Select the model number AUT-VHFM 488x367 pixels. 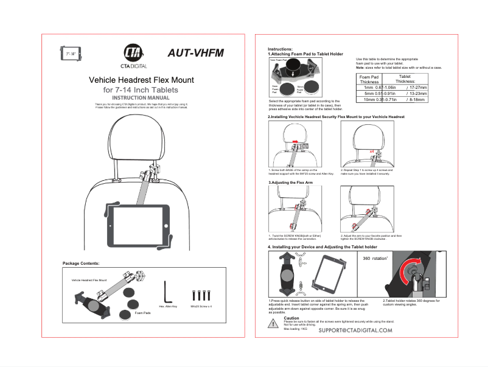195,53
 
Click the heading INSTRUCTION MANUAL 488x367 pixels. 141,97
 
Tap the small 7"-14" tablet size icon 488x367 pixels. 71,54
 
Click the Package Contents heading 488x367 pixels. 81,263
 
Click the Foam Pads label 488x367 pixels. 143,312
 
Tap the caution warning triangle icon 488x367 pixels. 274,323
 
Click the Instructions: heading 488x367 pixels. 281,49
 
